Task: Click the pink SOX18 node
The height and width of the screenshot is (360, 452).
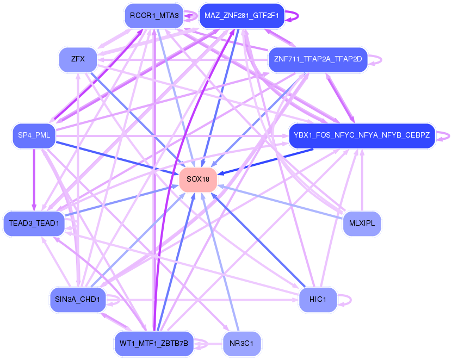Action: tap(198, 179)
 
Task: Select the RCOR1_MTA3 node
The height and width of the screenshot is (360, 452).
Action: tap(154, 15)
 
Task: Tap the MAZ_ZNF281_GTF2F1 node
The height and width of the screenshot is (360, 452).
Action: tap(242, 15)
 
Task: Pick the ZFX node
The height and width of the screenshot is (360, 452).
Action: tap(78, 59)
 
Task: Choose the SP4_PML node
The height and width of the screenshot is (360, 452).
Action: tap(34, 135)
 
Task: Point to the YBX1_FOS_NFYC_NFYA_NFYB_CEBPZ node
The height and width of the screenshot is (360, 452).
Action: tap(362, 135)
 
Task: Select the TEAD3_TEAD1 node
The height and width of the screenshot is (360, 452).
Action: tap(34, 224)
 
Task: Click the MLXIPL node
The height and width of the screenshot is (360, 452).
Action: tap(362, 224)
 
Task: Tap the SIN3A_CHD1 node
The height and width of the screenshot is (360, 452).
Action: tap(78, 299)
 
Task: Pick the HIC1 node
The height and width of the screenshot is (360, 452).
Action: tap(318, 300)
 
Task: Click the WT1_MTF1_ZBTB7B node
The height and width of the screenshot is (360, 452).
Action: tap(154, 343)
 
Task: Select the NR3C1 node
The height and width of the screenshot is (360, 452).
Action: tap(242, 343)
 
